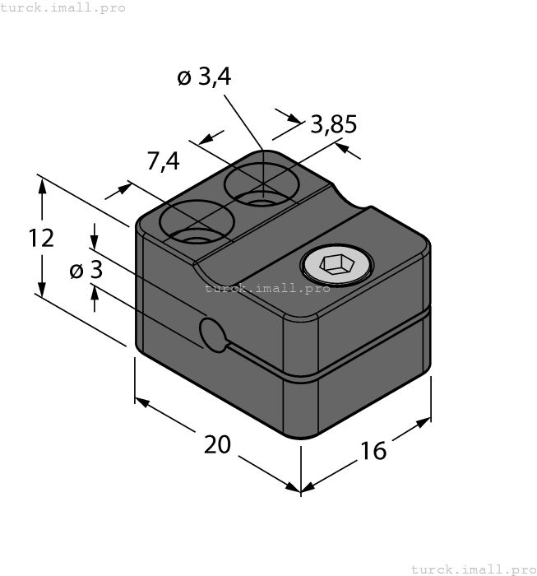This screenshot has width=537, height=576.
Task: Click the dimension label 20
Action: [x=217, y=444]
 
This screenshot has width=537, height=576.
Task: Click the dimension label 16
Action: [x=373, y=450]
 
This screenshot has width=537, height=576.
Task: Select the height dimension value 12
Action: [x=41, y=238]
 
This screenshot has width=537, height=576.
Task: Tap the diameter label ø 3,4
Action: [x=204, y=77]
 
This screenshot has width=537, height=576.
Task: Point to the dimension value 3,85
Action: [x=333, y=124]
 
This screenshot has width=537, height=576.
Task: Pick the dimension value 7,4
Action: [x=163, y=162]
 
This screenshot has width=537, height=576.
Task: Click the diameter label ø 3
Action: [x=86, y=270]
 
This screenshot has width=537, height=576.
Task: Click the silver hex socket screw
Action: [x=336, y=265]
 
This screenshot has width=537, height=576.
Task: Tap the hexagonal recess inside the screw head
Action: [x=336, y=265]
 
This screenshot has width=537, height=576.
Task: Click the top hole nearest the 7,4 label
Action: [x=196, y=224]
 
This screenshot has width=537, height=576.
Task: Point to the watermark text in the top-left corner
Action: [x=63, y=7]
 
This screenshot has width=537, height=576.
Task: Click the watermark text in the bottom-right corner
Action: [x=473, y=569]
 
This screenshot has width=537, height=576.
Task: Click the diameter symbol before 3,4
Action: [x=184, y=78]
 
